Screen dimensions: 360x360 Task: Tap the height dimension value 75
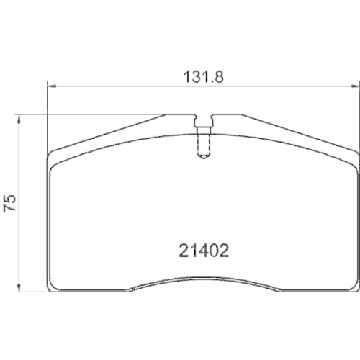(10, 203)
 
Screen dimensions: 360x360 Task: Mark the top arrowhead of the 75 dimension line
(19, 117)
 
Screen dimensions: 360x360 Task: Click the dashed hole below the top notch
(204, 144)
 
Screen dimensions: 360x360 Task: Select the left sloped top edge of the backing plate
(108, 131)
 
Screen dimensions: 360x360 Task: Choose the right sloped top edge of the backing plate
(299, 131)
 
